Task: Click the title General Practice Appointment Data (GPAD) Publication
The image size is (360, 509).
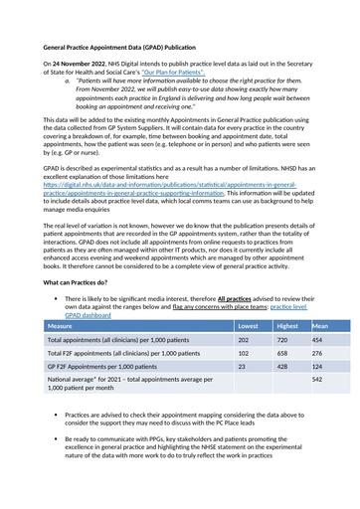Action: tap(132, 46)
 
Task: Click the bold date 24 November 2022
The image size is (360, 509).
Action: tap(89, 63)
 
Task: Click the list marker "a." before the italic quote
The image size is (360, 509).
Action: tap(68, 81)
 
